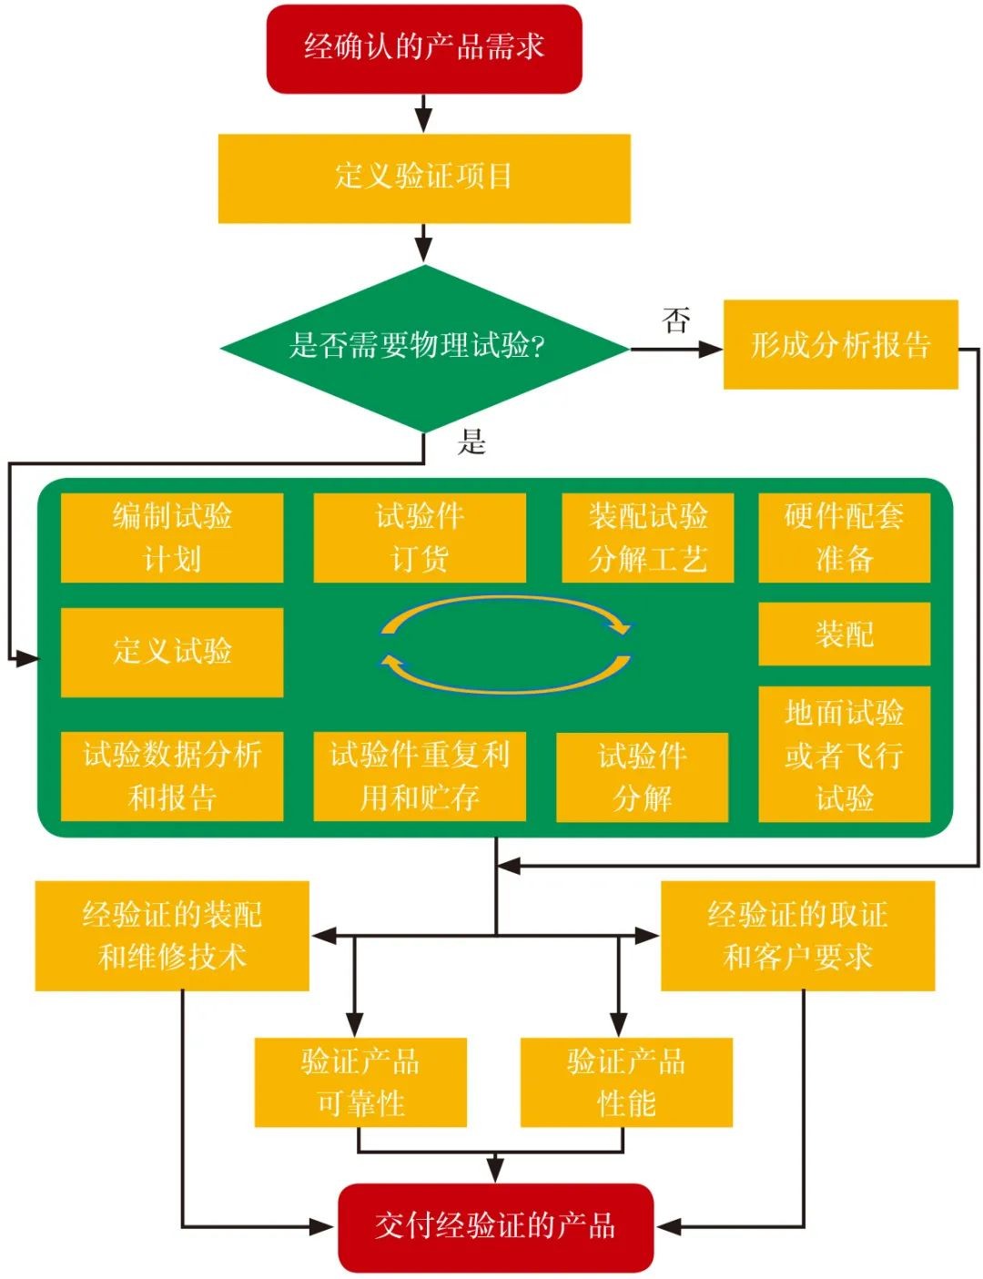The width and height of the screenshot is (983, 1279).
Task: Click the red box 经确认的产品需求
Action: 423,48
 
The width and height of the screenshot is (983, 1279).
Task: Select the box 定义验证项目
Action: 423,178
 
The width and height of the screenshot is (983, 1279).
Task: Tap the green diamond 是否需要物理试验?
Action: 423,347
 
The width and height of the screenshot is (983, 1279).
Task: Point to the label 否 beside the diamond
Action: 675,320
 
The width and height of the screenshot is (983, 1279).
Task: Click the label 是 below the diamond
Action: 471,442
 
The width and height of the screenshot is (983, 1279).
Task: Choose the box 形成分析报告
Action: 840,345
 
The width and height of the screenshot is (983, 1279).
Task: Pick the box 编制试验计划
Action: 172,537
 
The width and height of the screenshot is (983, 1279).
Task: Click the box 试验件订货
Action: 420,537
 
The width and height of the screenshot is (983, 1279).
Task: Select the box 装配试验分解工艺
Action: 647,537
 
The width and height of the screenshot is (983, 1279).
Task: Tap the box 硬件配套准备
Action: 844,537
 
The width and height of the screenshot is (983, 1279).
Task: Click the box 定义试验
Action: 172,652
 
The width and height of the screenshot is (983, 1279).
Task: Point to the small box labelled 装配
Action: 844,634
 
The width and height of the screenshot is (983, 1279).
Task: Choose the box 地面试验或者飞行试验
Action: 844,754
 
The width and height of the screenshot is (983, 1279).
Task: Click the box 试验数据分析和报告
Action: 172,776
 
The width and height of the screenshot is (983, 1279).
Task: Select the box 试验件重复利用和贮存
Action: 420,776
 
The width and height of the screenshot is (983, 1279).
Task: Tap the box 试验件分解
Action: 642,777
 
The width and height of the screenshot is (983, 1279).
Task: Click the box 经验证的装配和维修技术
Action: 172,935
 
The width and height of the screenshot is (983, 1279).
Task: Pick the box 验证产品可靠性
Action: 360,1081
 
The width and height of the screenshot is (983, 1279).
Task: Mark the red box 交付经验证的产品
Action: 495,1226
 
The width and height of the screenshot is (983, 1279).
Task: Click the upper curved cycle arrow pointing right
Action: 505,607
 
